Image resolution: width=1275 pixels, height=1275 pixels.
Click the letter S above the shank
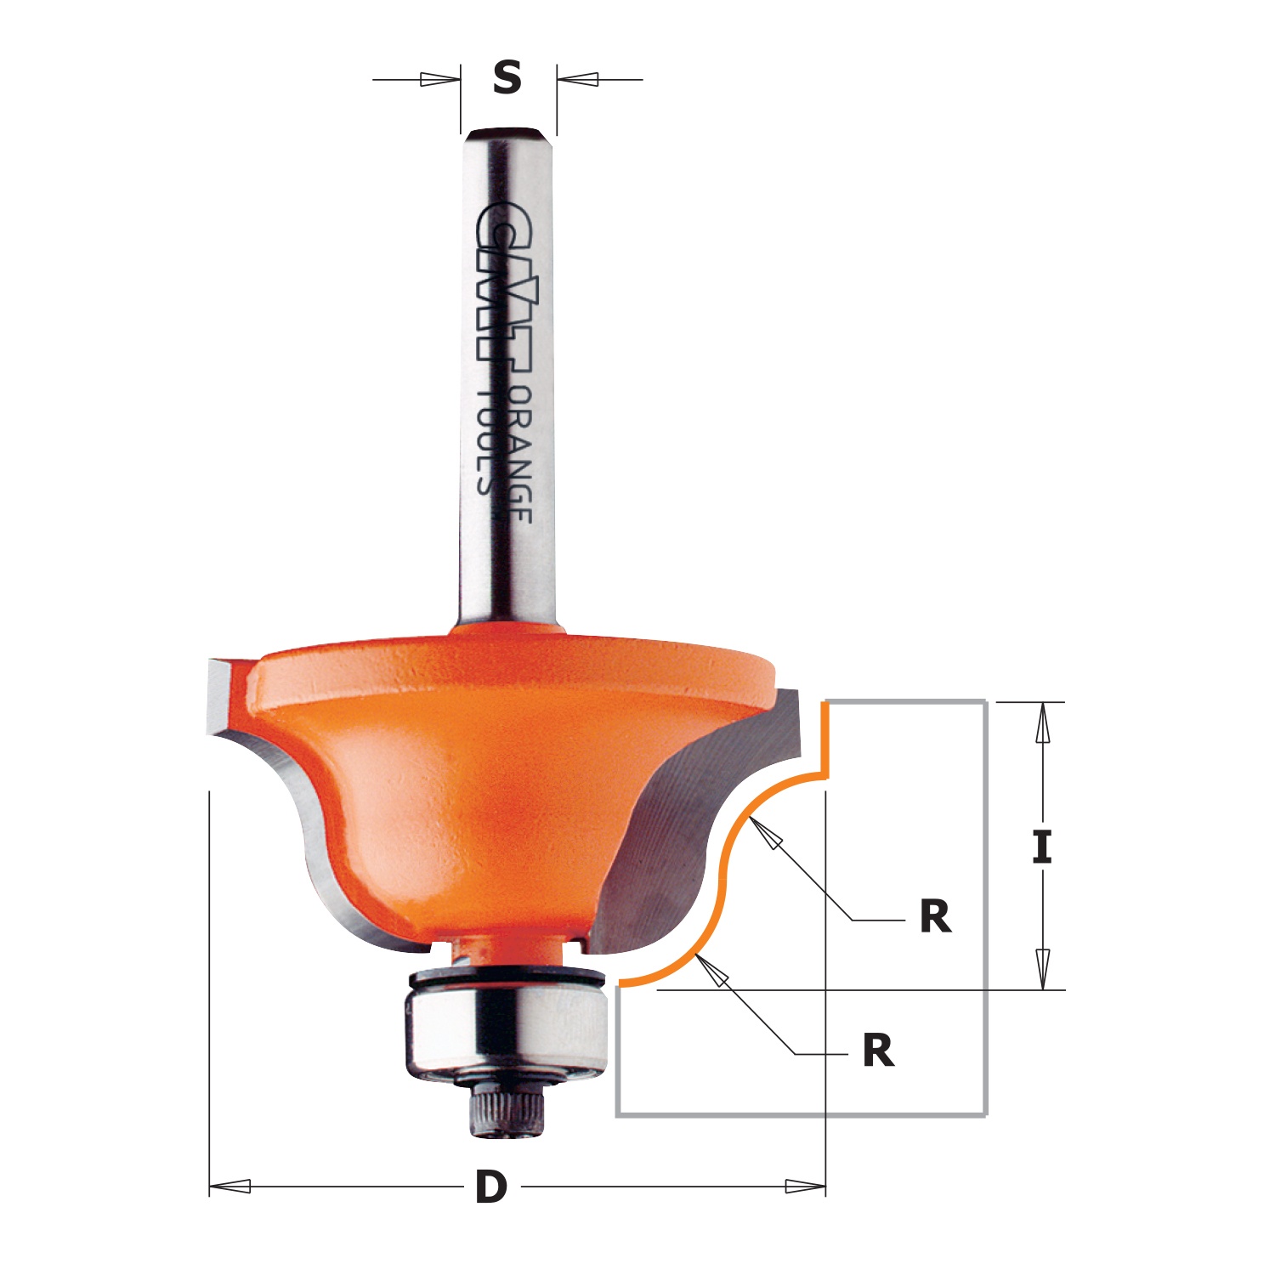coord(507,78)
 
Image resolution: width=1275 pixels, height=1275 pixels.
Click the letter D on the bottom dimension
coord(491,1187)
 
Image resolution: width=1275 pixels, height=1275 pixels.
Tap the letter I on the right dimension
coord(1042,847)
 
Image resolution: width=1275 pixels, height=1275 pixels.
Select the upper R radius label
coord(935,917)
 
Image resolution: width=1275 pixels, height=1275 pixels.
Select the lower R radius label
coord(878,1051)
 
